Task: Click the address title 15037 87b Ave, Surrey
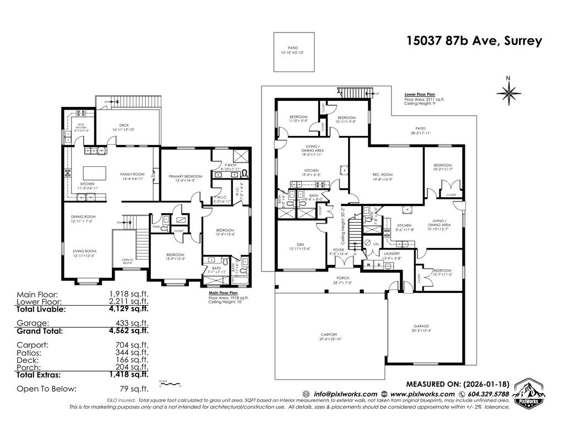474,41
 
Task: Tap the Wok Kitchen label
80,127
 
